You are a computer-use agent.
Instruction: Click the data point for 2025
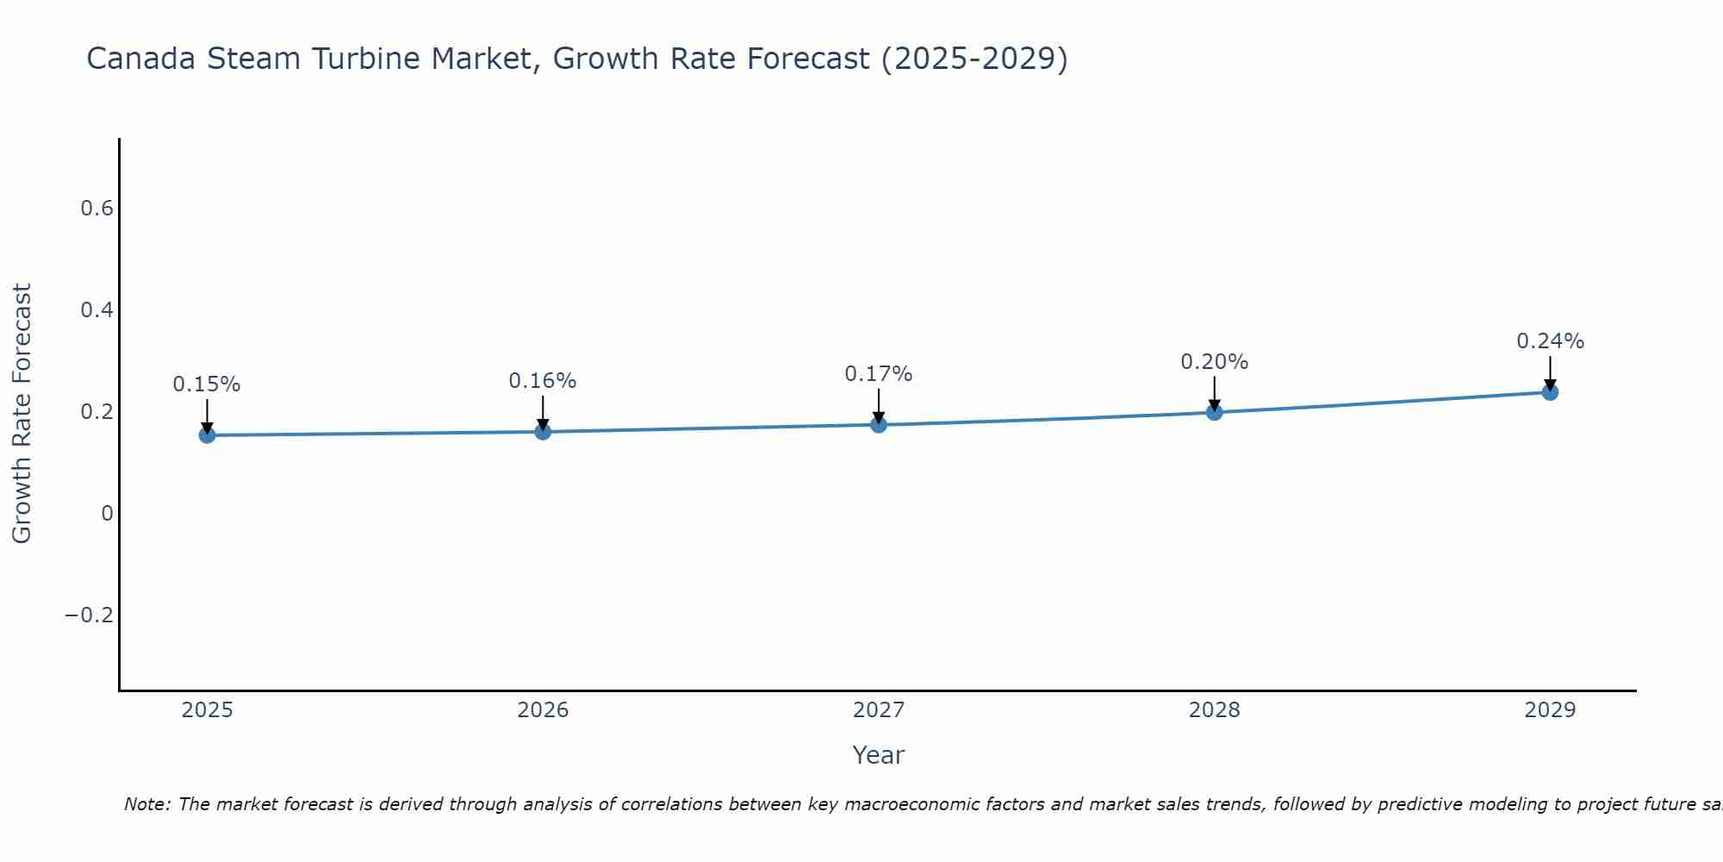(x=207, y=435)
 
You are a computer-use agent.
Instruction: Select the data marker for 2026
(x=543, y=431)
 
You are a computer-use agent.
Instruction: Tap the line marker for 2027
(x=879, y=424)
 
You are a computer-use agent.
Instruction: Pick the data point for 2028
(x=1215, y=412)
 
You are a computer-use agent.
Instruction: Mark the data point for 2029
(x=1550, y=392)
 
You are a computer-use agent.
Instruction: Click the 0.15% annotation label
(x=207, y=384)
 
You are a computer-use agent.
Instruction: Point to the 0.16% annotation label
(x=543, y=381)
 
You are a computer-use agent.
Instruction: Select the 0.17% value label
(x=879, y=374)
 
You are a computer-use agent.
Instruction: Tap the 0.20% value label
(x=1215, y=362)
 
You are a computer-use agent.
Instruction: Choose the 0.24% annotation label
(x=1550, y=341)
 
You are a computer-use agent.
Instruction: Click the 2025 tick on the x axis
(x=208, y=710)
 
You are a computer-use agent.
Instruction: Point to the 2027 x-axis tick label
(x=879, y=710)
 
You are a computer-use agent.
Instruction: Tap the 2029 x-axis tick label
(x=1550, y=710)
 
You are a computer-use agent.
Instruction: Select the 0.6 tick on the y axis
(x=96, y=209)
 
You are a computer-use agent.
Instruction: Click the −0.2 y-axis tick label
(x=89, y=615)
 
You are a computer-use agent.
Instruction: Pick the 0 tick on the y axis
(x=107, y=514)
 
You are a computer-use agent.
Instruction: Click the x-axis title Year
(x=879, y=756)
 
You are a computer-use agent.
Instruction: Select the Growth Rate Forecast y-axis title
(x=22, y=414)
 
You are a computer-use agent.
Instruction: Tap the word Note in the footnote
(x=146, y=804)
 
